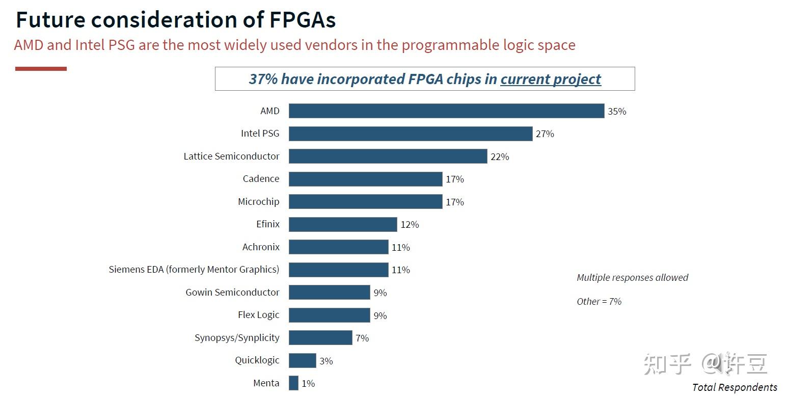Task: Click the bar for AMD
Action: [446, 111]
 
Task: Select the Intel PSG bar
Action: [411, 134]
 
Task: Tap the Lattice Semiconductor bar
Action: [388, 156]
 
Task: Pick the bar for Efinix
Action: [343, 224]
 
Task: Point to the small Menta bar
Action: [293, 383]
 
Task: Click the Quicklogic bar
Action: [302, 360]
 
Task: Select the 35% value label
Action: [616, 111]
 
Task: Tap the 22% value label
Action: [500, 156]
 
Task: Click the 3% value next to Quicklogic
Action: [326, 361]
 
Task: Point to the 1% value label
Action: [308, 383]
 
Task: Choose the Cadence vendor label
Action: [261, 179]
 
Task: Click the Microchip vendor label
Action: [258, 201]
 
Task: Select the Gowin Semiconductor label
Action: [232, 292]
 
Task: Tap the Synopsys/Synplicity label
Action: [237, 337]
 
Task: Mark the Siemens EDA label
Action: [194, 269]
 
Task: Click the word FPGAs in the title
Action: [302, 20]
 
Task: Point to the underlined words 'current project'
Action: [550, 79]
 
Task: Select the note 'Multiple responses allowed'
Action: [632, 277]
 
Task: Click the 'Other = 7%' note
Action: [599, 301]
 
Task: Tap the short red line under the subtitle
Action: [41, 69]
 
